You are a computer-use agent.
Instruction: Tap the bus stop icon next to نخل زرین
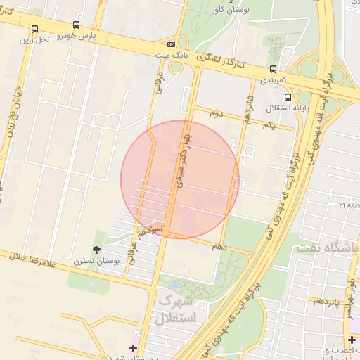(35, 29)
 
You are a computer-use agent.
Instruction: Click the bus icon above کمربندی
(273, 69)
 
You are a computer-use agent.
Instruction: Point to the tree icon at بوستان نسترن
(96, 249)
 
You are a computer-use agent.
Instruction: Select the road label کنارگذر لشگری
(223, 64)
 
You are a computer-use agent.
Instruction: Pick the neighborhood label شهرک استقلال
(179, 309)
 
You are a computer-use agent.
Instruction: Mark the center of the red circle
(180, 179)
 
